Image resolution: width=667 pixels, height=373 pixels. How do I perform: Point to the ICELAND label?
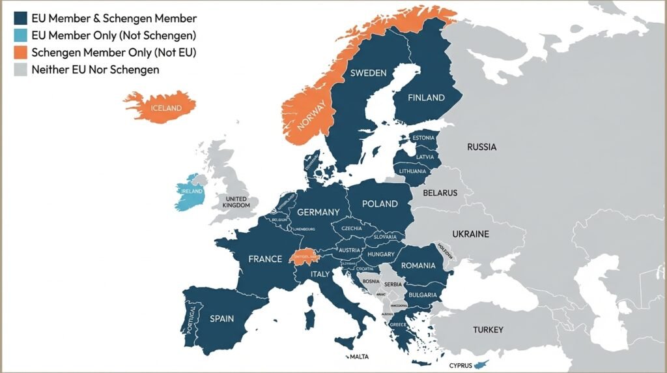point(166,108)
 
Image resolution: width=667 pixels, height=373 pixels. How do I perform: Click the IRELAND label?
point(192,192)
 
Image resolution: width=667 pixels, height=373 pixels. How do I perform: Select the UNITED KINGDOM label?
point(236,201)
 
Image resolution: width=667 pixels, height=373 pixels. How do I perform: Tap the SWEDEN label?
point(368,73)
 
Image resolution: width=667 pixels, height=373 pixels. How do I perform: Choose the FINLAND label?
point(426,98)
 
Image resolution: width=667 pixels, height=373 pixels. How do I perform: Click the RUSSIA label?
point(481,147)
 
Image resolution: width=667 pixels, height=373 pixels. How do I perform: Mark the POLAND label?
point(380,203)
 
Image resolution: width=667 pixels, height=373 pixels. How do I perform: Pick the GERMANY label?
point(318,212)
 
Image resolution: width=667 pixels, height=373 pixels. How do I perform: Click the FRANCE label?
point(265,259)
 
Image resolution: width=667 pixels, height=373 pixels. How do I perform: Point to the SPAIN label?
point(221,319)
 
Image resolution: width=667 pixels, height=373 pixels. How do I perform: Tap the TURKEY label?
point(488,329)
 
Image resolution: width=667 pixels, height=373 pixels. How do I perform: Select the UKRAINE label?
point(470,233)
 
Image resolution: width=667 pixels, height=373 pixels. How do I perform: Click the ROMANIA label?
point(418,265)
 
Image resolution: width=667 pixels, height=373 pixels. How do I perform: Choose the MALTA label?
point(359,357)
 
